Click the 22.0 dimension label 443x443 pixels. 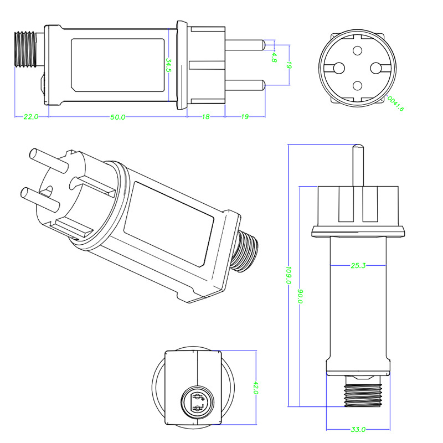pyautogui.click(x=30, y=117)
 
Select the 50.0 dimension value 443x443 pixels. pyautogui.click(x=118, y=117)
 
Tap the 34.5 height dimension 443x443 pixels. pyautogui.click(x=168, y=65)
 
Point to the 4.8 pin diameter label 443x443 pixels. pyautogui.click(x=274, y=56)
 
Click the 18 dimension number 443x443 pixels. pyautogui.click(x=205, y=117)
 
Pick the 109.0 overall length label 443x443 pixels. pyautogui.click(x=289, y=275)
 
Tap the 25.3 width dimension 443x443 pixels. pyautogui.click(x=358, y=266)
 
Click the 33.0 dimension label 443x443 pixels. pyautogui.click(x=358, y=429)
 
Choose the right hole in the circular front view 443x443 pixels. pyautogui.click(x=376, y=68)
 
